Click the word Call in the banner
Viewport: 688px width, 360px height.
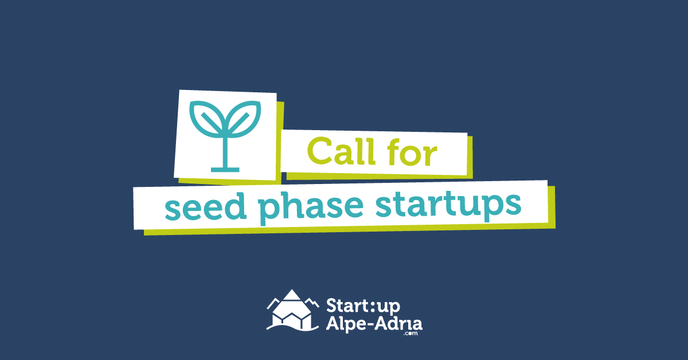point(341,151)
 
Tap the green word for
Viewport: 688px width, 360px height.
point(412,152)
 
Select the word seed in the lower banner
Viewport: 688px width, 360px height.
point(206,206)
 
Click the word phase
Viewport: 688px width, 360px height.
point(311,208)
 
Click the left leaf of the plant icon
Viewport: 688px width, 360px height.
point(206,118)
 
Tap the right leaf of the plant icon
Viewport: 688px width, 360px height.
point(244,118)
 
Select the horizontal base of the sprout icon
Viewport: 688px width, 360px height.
point(225,170)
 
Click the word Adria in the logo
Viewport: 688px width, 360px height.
point(402,323)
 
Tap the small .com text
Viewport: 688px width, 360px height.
point(411,334)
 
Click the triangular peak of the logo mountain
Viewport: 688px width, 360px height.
point(291,295)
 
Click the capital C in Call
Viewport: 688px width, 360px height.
point(319,151)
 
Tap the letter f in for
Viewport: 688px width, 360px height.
point(393,151)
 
